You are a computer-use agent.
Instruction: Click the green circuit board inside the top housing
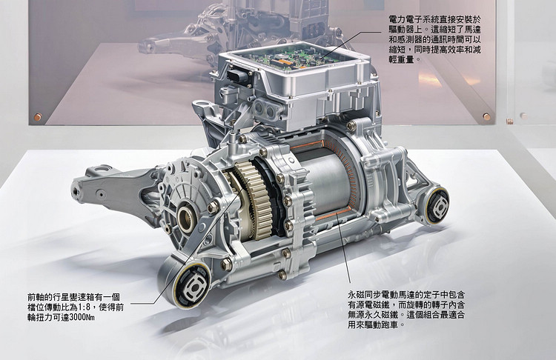[294, 59]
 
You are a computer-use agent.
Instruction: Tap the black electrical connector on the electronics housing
[236, 77]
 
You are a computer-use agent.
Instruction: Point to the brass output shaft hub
[186, 216]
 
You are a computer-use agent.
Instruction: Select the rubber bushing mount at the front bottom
[191, 284]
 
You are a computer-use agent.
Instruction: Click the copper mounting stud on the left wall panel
[37, 116]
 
